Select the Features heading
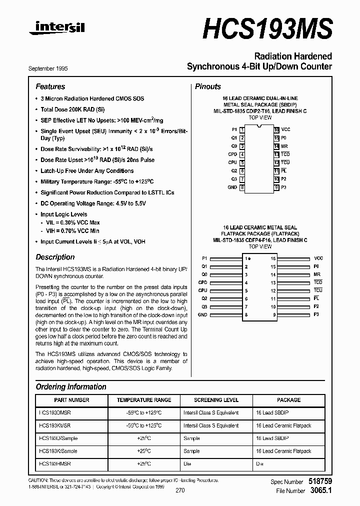(x=50, y=86)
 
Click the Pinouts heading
(x=207, y=86)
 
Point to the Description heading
(x=55, y=257)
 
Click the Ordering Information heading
(x=71, y=386)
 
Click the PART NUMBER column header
(x=71, y=400)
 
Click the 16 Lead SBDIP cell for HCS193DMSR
(x=273, y=413)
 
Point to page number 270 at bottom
(x=180, y=490)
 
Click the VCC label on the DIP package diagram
(x=285, y=129)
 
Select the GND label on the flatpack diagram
(x=202, y=315)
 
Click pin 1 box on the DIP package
(x=242, y=129)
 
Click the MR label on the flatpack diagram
(x=317, y=274)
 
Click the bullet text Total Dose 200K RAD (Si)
(x=72, y=109)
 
